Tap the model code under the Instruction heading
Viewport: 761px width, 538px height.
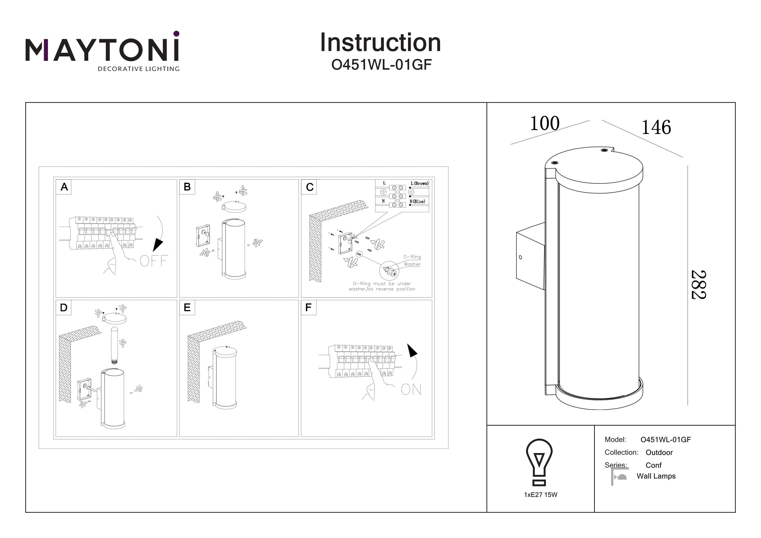pos(381,65)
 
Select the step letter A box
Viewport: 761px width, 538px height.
pos(64,187)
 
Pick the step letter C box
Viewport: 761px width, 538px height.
pos(309,187)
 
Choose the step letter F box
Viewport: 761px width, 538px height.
pos(308,308)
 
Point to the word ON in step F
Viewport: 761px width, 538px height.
pos(411,390)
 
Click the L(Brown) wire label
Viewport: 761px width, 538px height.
pos(419,183)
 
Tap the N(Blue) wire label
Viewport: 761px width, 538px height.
pos(417,201)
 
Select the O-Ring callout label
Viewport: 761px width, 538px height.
pos(412,256)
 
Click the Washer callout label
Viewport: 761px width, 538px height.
pos(412,264)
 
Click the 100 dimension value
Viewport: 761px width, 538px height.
pos(545,124)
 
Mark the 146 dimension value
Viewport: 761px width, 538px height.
pos(656,127)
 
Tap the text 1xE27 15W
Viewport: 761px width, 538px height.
pos(541,495)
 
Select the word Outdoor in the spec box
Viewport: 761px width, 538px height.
pos(659,453)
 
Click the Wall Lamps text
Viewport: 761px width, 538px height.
pos(656,476)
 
